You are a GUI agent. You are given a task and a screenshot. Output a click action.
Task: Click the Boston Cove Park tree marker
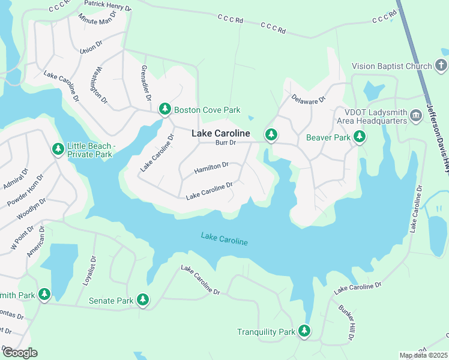point(164,109)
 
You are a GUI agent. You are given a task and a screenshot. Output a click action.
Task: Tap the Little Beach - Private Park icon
point(58,148)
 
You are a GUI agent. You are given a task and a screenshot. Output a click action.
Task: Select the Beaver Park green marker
point(360,137)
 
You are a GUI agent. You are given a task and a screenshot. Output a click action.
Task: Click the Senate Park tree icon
point(142,299)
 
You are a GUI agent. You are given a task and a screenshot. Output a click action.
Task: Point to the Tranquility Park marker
point(304,331)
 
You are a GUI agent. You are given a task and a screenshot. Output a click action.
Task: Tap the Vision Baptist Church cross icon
point(441,65)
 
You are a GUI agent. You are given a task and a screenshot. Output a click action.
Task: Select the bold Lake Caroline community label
point(221,133)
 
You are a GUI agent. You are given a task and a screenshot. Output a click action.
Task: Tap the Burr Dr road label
point(226,143)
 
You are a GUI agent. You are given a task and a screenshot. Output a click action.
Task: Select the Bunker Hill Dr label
point(347,322)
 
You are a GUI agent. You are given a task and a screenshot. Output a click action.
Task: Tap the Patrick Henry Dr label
point(107,6)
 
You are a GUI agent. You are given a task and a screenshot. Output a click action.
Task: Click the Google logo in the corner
point(20,353)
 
